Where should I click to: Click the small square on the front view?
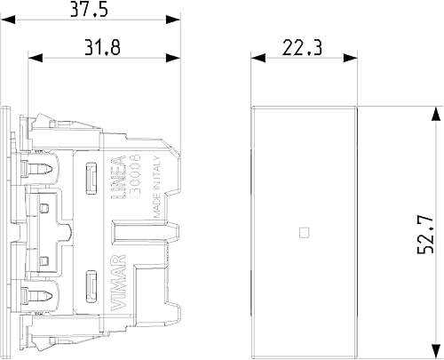click(305, 234)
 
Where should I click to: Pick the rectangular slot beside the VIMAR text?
click(91, 285)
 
